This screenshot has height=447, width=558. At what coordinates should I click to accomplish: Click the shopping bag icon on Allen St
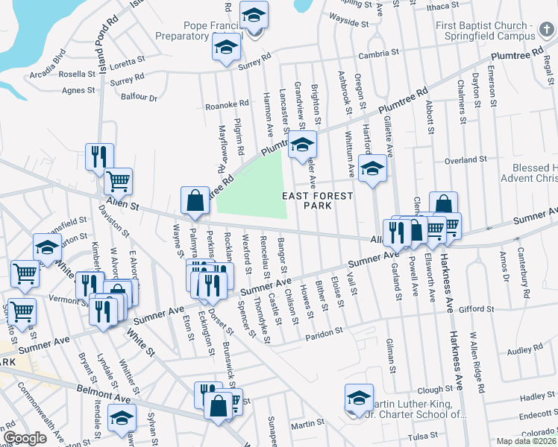195,201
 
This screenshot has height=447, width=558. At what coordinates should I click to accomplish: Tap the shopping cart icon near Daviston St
118,181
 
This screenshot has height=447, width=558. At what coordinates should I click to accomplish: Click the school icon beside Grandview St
302,145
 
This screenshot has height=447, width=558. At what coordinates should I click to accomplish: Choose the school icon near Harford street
372,168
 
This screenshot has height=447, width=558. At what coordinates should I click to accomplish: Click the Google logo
25,438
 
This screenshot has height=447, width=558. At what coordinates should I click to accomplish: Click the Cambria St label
374,55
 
